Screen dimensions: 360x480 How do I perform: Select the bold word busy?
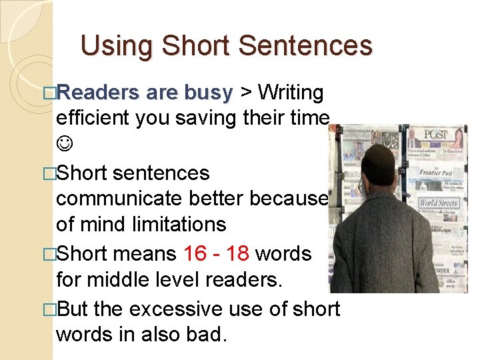click(x=207, y=92)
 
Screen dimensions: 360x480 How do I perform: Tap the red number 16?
click(x=195, y=253)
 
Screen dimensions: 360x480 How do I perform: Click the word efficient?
click(x=93, y=119)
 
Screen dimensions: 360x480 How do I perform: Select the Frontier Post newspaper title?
click(x=436, y=173)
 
